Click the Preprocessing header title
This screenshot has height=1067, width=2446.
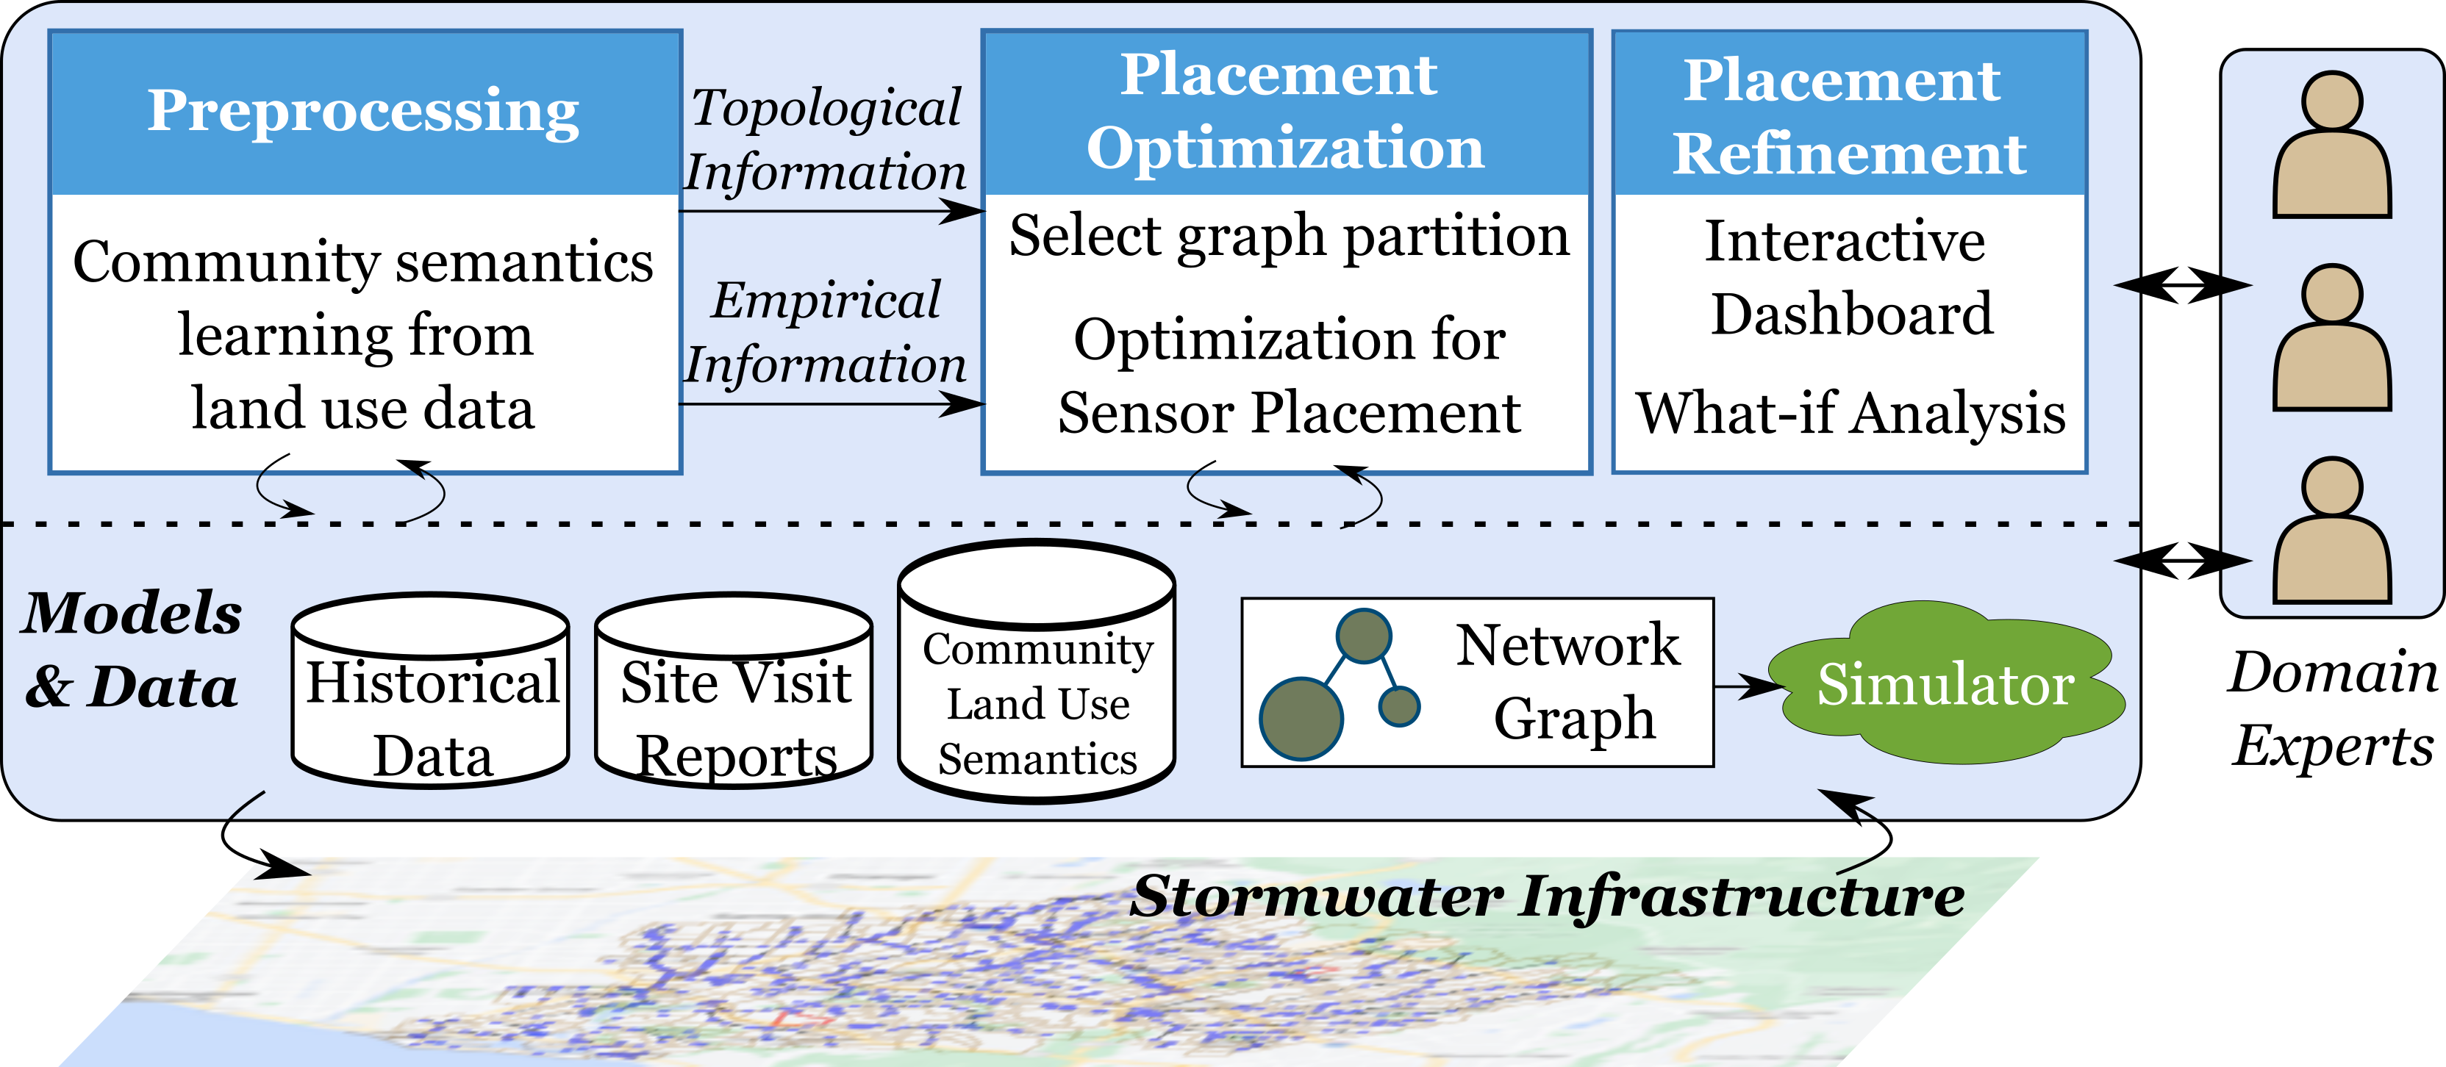(364, 111)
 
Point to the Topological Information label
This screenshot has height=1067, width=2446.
(825, 140)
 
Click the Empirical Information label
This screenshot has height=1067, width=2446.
(825, 332)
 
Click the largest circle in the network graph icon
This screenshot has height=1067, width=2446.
(1301, 719)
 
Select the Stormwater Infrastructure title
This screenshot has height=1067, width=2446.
(1548, 896)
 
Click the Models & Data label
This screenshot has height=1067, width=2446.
(132, 650)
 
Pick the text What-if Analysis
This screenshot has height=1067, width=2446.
(1850, 414)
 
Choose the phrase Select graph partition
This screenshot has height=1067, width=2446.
(1289, 237)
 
